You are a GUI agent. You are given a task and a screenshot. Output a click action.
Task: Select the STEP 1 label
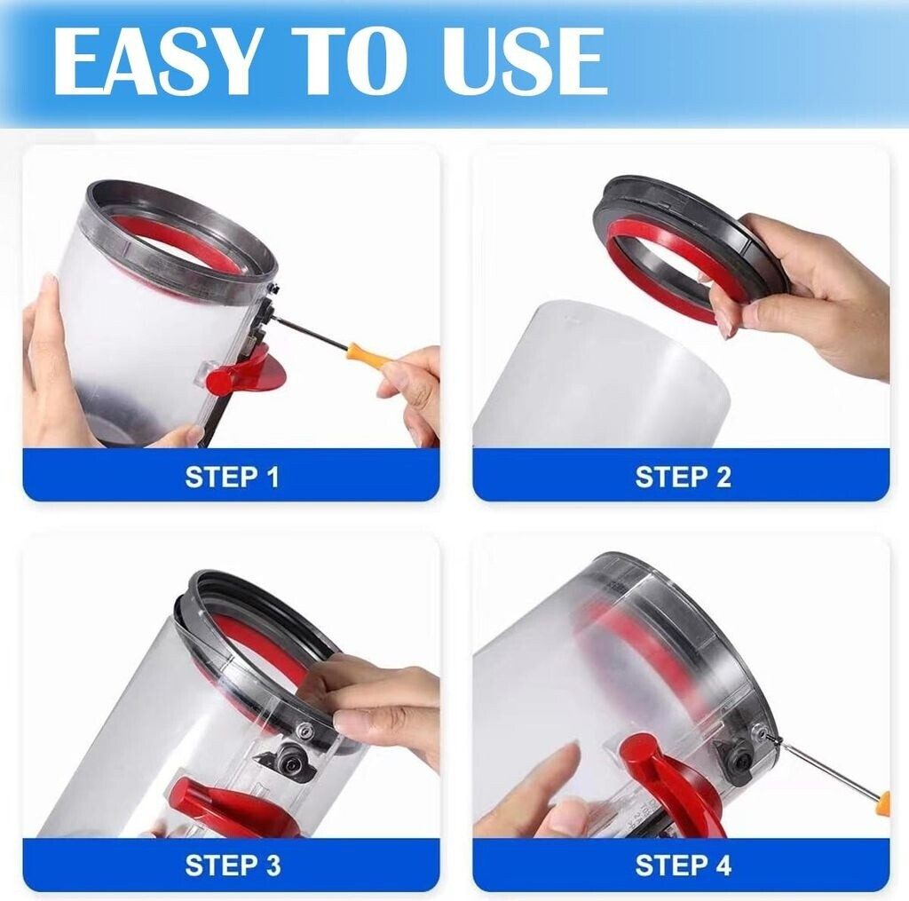coord(232,477)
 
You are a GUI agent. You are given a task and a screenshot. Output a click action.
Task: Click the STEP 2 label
coord(683,477)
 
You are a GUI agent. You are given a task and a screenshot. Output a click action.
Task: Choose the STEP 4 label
coord(683,865)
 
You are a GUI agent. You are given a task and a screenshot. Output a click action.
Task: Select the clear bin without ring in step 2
coord(600,374)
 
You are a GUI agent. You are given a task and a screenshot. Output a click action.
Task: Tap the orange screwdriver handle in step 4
coord(882,804)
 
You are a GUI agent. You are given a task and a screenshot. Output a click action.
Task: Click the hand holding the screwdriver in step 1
coord(409,394)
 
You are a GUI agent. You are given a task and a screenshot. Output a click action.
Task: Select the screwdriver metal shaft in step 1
coord(312,332)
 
